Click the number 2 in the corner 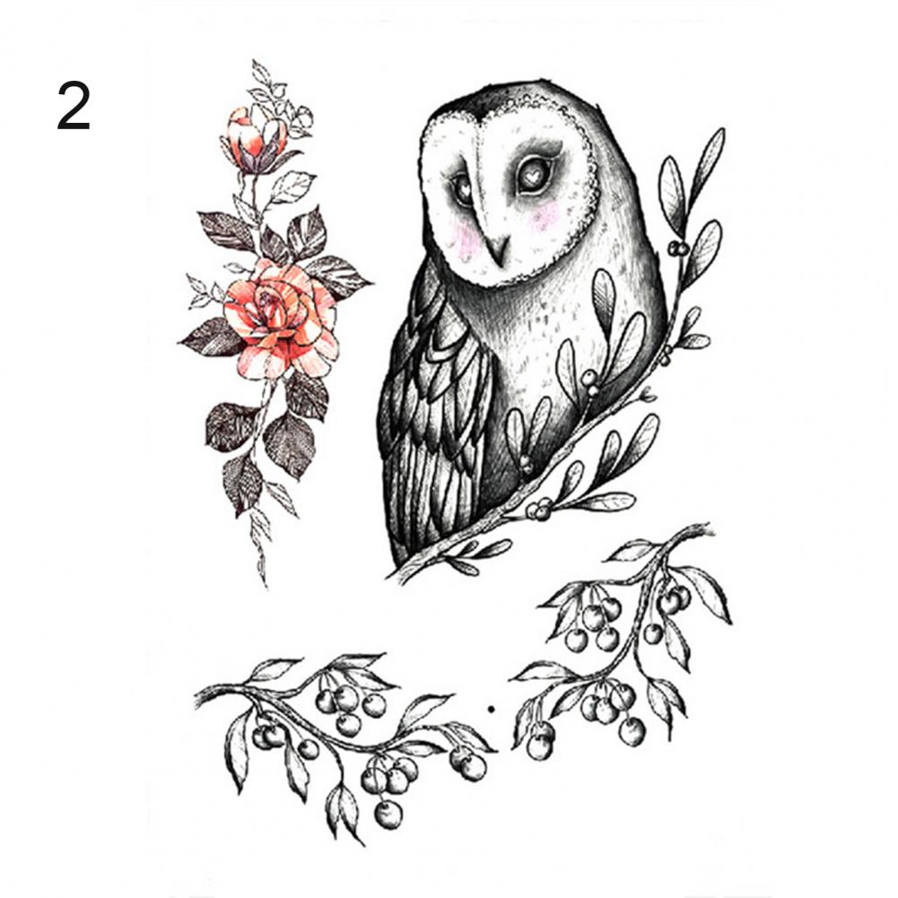coord(74,106)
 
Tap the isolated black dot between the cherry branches coord(491,710)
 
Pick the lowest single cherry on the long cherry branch coord(388,815)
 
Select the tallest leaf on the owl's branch coord(707,161)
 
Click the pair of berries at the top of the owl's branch coord(678,248)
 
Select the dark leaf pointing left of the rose coord(211,338)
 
